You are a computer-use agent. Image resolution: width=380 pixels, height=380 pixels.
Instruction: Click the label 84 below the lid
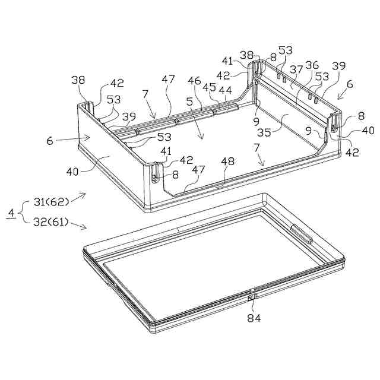pyautogui.click(x=254, y=318)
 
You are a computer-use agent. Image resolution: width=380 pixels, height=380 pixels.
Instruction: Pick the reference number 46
pyautogui.click(x=194, y=79)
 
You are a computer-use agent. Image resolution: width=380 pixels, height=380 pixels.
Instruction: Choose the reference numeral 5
pyautogui.click(x=189, y=102)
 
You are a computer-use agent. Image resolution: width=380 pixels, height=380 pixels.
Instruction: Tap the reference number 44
pyautogui.click(x=225, y=90)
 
